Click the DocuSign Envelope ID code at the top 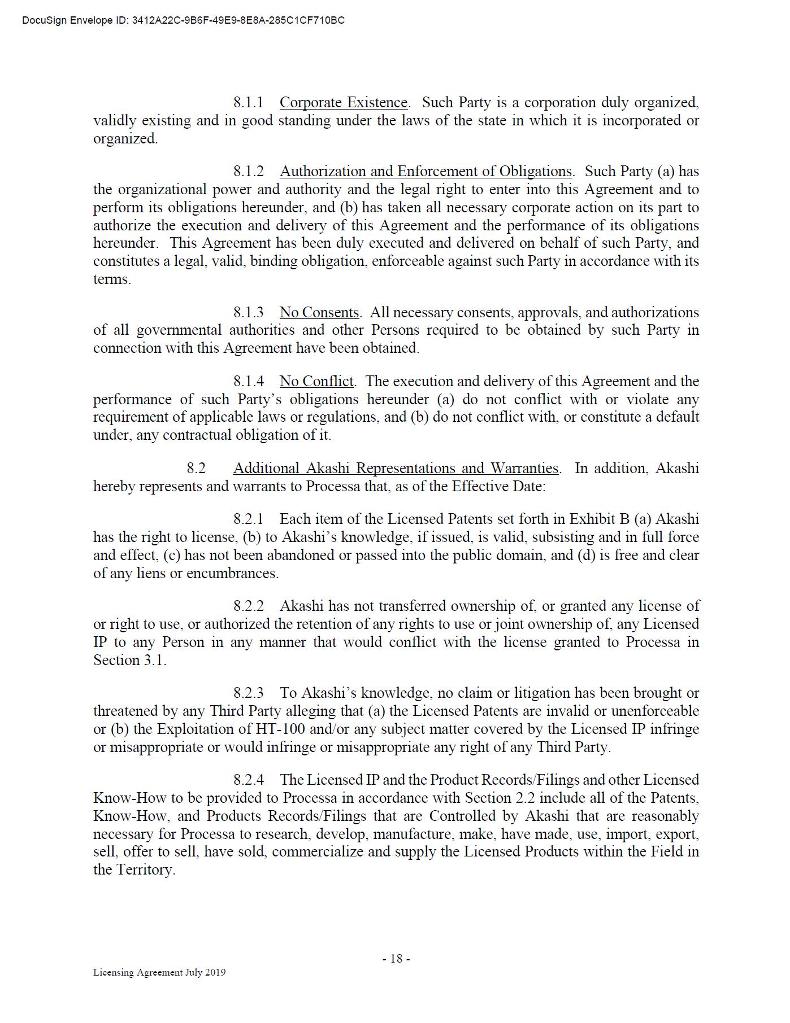click(237, 21)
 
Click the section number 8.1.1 click(248, 103)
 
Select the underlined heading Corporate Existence click(344, 103)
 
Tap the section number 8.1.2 click(248, 172)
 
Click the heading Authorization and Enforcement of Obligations click(426, 172)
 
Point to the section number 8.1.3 click(248, 313)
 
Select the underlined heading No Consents click(319, 313)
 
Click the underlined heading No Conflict click(316, 382)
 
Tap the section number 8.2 click(196, 469)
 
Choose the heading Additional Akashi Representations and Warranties click(396, 469)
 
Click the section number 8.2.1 click(248, 519)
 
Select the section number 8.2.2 click(248, 606)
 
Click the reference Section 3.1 click(129, 661)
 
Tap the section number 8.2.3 click(248, 693)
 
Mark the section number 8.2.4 click(248, 780)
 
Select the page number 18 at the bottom click(396, 959)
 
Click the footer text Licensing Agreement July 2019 click(159, 972)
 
